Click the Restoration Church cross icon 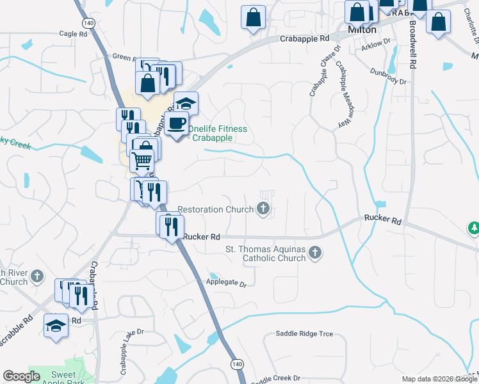263,208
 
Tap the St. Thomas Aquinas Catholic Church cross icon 314,253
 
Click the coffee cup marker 176,123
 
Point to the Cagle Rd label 72,33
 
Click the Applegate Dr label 226,282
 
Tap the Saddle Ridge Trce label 305,333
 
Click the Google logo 21,376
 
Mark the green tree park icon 474,227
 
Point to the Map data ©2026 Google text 439,379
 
